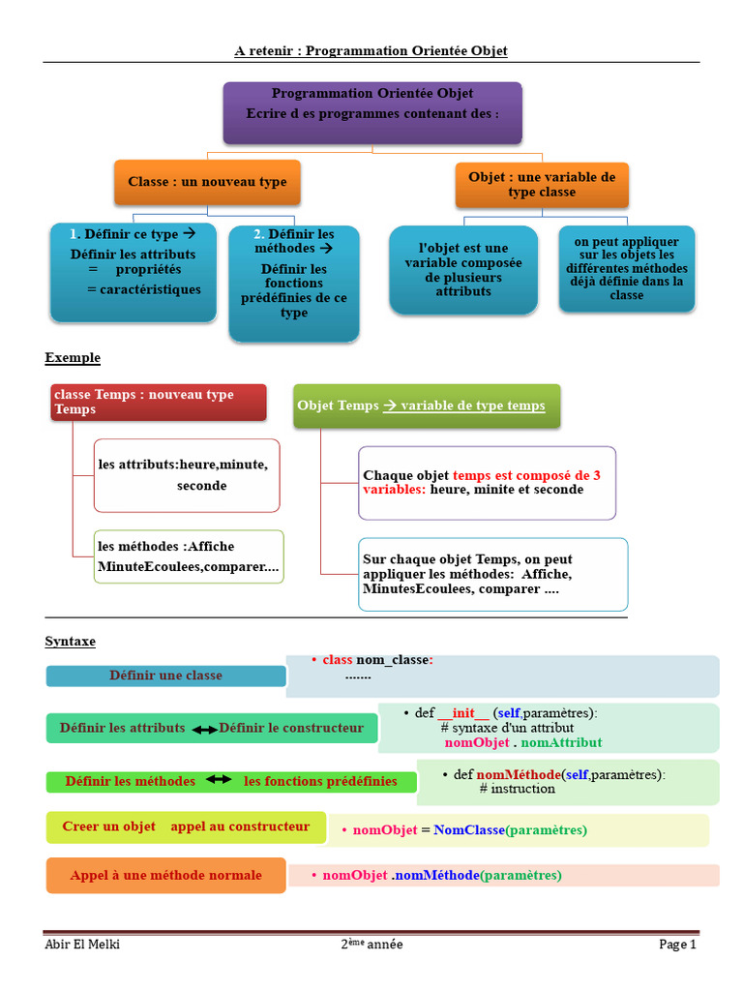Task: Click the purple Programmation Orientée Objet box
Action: coord(372,113)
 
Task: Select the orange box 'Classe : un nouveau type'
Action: coord(207,182)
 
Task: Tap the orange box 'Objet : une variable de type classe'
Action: coord(542,185)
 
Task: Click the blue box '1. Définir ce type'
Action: coord(134,273)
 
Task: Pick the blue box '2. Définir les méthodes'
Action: coord(294,283)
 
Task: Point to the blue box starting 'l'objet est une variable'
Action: coord(463,270)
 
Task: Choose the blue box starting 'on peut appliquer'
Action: coord(627,268)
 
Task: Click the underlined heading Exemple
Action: coord(73,358)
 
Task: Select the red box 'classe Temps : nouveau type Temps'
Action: coord(158,403)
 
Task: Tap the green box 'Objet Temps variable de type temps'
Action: coord(427,406)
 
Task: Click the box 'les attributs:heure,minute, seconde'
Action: coord(187,475)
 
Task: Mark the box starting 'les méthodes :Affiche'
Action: coord(189,556)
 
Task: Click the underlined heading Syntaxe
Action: coord(71,642)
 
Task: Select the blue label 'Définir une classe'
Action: coord(165,676)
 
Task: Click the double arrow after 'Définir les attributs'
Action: coord(204,730)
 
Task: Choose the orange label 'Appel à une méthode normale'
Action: coord(165,875)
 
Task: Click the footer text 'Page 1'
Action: coord(677,945)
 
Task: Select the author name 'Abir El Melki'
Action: coord(82,945)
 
